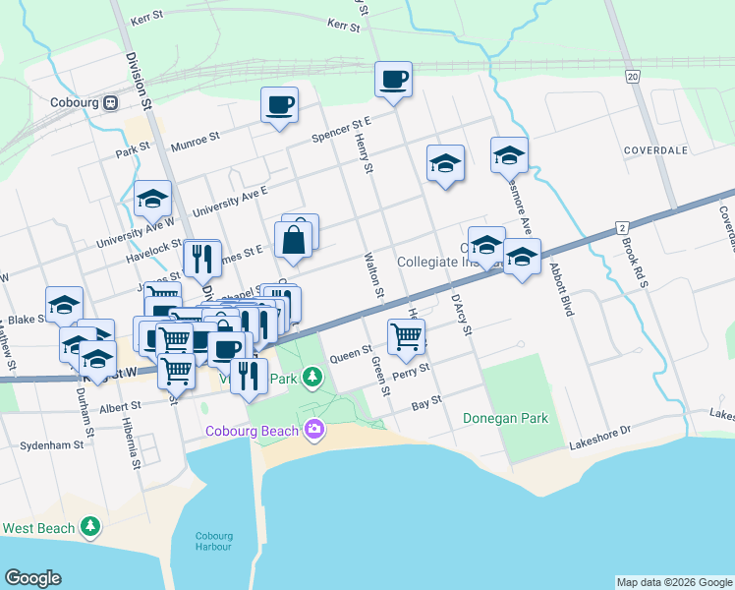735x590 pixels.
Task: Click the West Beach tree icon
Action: pos(90,527)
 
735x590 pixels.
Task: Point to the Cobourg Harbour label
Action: pos(215,542)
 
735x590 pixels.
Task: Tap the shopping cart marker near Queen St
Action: pos(406,337)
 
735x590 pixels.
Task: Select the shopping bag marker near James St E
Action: pos(295,239)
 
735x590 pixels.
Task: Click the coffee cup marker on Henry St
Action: pos(393,79)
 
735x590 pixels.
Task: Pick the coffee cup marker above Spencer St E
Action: pos(279,104)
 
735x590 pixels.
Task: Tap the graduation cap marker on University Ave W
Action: pos(152,200)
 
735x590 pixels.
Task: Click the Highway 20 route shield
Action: pos(632,76)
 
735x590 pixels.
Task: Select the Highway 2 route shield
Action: pos(622,227)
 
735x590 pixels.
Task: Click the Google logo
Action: pos(33,578)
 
